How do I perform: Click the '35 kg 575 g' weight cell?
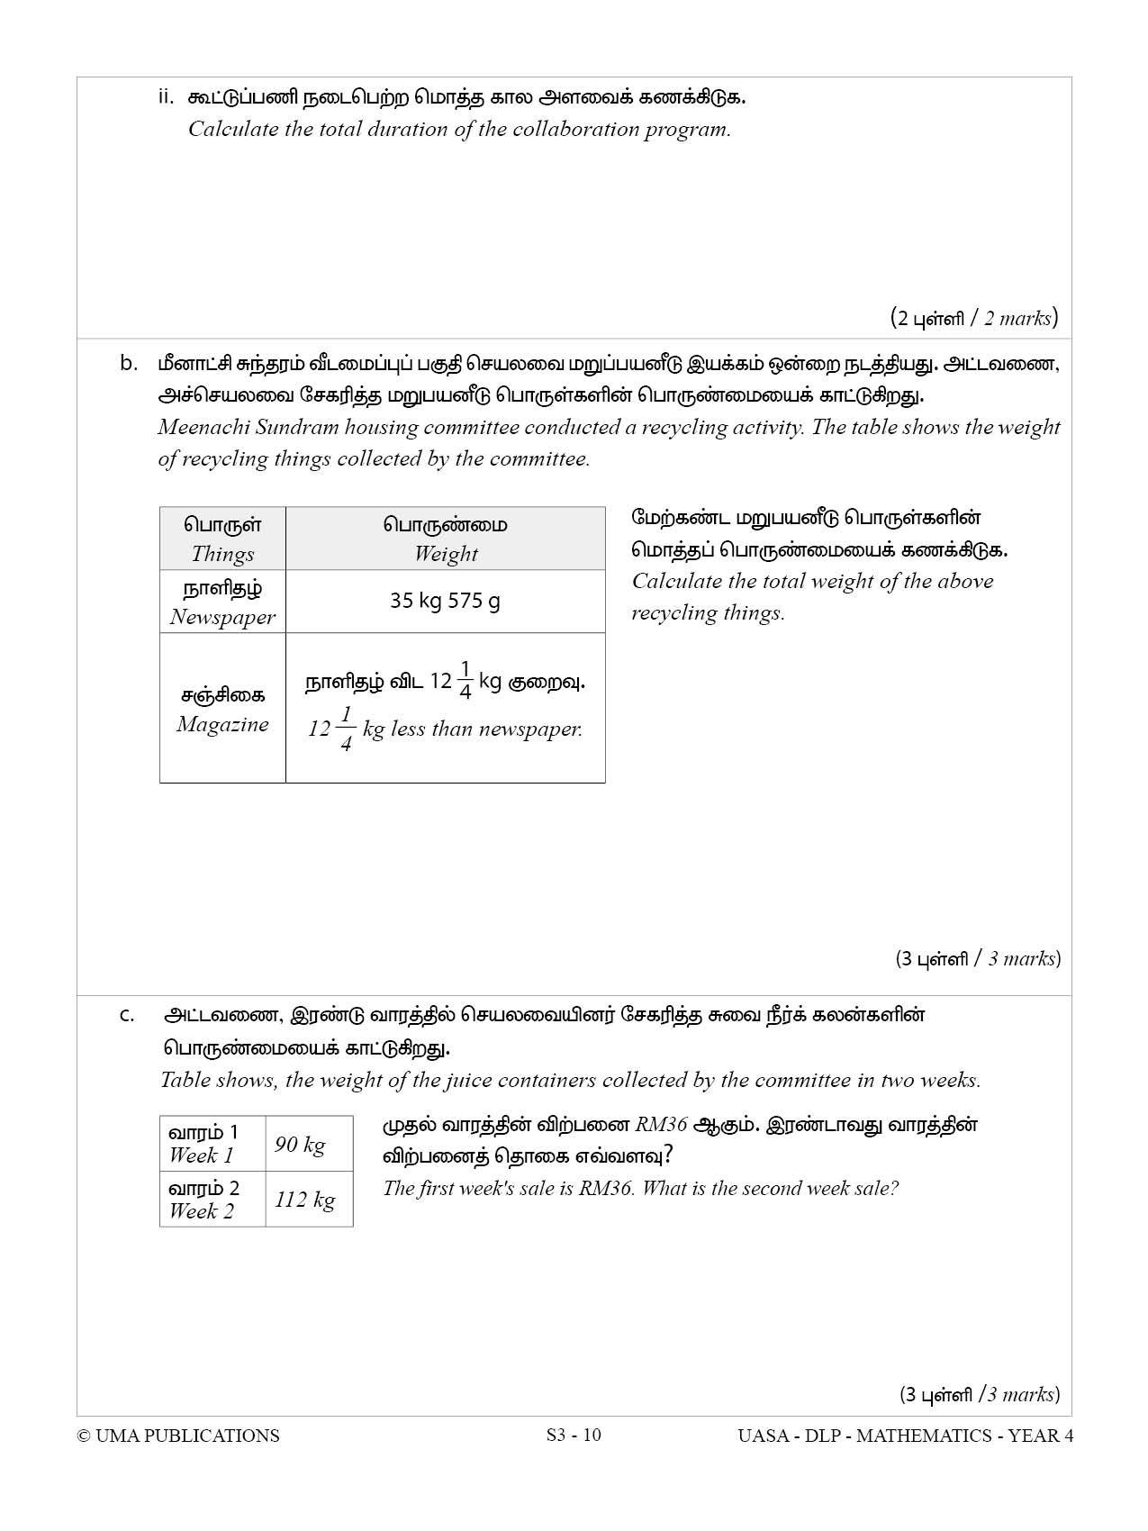coord(445,601)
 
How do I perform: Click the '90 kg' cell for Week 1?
coord(300,1145)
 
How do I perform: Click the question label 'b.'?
coord(129,364)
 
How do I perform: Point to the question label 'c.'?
coord(127,1016)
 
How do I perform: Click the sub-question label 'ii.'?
coord(166,97)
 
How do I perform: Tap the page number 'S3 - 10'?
coord(574,1435)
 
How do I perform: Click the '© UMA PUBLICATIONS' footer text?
coord(178,1436)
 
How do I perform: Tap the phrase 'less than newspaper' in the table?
coord(486,729)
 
